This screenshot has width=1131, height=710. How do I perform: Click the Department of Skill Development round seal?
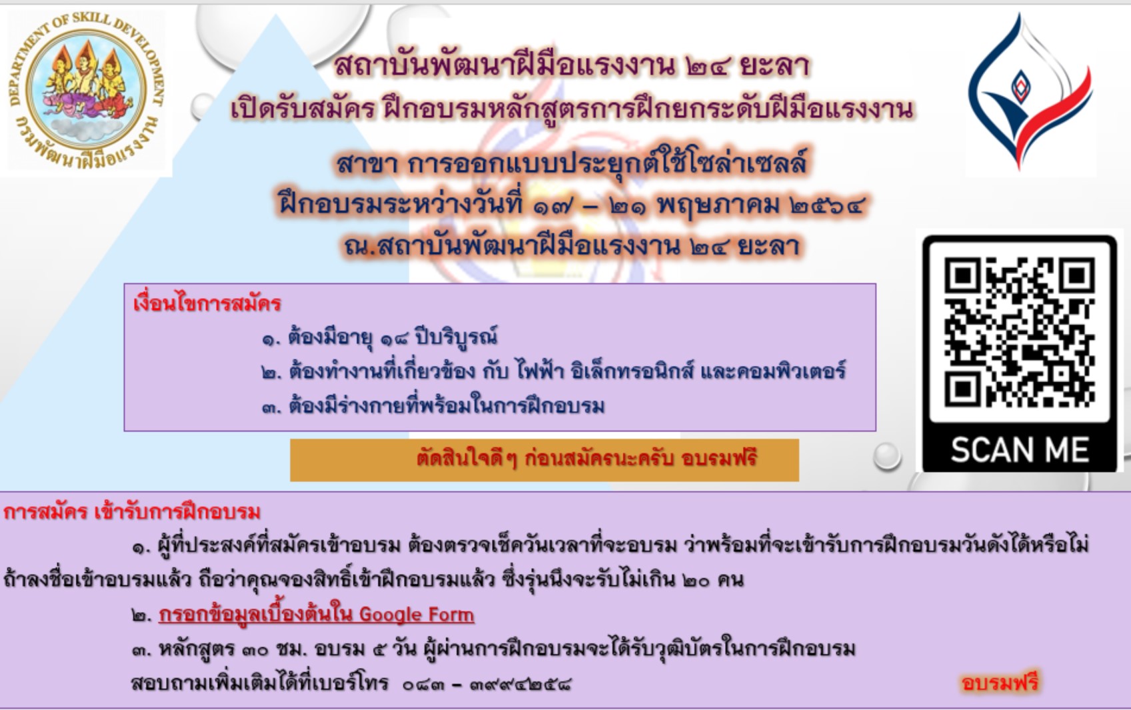(x=86, y=91)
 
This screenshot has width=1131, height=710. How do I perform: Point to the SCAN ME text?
(x=1020, y=449)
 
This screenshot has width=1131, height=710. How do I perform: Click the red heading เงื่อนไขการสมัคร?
(x=207, y=304)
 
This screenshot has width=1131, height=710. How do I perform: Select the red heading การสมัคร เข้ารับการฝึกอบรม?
(x=132, y=513)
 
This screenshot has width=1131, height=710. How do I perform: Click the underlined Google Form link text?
(x=316, y=615)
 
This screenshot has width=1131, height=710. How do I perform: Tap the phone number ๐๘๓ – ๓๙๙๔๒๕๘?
(x=487, y=685)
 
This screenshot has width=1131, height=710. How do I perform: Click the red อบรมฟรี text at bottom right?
(x=1000, y=683)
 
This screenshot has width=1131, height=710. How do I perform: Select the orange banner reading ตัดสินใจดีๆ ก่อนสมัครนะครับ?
(x=545, y=460)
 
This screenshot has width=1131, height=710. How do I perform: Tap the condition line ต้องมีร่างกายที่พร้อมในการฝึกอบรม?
(x=433, y=406)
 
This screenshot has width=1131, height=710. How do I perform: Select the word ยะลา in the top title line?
(x=774, y=67)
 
